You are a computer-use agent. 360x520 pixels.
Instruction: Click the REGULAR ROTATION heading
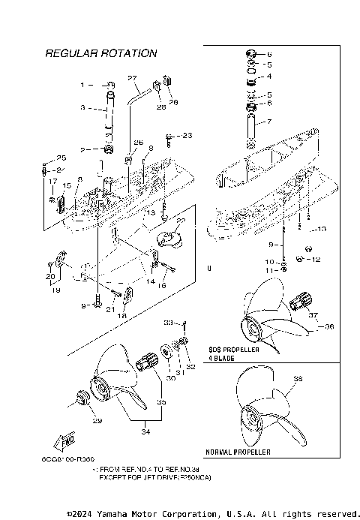click(100, 53)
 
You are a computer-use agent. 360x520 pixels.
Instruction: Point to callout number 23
click(187, 135)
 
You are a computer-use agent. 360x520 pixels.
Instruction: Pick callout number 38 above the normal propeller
click(298, 379)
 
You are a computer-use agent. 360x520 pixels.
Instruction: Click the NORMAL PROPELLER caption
click(238, 453)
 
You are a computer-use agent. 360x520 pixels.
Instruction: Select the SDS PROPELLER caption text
click(233, 350)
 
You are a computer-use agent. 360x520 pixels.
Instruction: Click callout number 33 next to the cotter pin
click(168, 323)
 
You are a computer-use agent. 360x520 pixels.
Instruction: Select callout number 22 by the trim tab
click(180, 221)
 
